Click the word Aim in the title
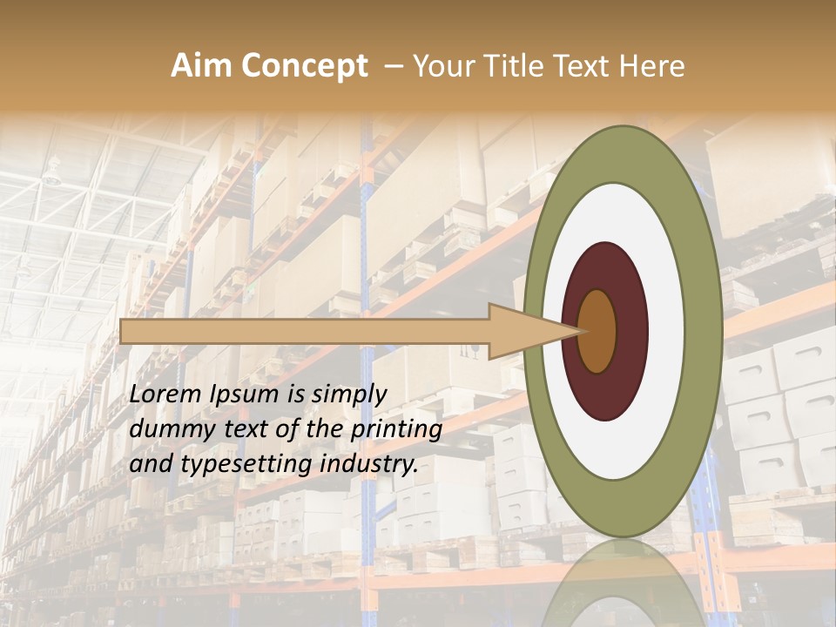(x=202, y=66)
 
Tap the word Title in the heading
(x=516, y=66)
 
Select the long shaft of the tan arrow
(x=305, y=331)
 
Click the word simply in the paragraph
(x=349, y=394)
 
